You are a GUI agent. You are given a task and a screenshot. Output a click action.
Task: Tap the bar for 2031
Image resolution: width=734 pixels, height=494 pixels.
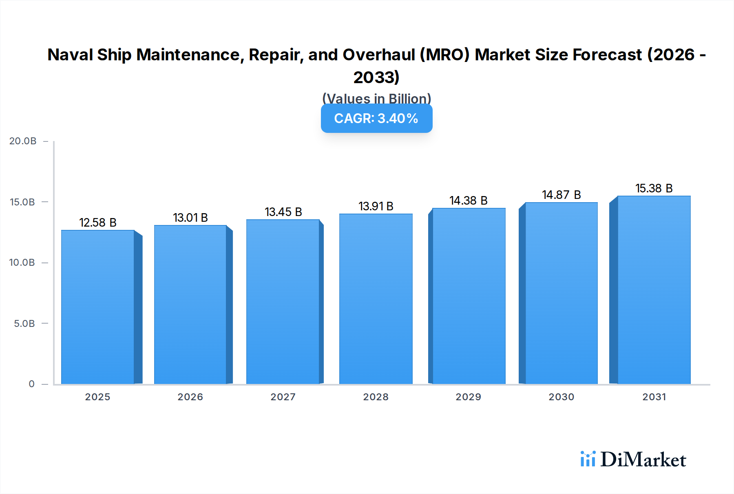(654, 290)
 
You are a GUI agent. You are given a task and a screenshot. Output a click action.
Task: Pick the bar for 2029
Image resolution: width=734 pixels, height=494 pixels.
(469, 296)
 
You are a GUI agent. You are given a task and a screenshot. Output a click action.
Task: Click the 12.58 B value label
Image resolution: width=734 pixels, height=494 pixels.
(98, 223)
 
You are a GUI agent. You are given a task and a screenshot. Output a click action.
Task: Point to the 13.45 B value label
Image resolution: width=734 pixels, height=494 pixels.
(283, 212)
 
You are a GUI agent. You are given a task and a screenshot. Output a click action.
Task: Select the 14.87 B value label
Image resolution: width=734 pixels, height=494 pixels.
(562, 195)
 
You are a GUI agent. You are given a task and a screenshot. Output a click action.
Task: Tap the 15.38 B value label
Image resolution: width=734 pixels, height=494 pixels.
(654, 188)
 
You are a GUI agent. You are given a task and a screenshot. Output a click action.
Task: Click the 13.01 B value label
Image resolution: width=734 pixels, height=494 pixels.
(190, 218)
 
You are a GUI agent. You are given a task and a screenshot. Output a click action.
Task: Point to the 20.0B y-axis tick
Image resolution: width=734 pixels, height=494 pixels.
(23, 141)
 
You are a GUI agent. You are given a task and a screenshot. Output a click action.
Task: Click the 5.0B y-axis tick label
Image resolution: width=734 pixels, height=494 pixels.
(24, 324)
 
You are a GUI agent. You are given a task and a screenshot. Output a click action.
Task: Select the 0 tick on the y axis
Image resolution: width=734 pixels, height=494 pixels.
(31, 384)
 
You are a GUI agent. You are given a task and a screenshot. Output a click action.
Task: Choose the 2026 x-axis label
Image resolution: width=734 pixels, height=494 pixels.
(190, 397)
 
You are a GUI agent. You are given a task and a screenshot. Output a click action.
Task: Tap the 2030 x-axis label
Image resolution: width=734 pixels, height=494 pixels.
(561, 397)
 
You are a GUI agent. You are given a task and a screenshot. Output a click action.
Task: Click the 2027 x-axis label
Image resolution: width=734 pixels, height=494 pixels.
(283, 397)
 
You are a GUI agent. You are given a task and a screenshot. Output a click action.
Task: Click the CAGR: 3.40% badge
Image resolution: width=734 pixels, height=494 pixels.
(376, 118)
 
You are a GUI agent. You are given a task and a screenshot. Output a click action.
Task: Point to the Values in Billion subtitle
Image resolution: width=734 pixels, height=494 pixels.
(376, 98)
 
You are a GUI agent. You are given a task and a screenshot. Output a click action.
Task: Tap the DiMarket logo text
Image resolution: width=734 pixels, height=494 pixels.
(643, 460)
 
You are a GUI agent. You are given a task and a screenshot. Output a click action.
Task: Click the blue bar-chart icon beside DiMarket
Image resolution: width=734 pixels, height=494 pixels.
(588, 459)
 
